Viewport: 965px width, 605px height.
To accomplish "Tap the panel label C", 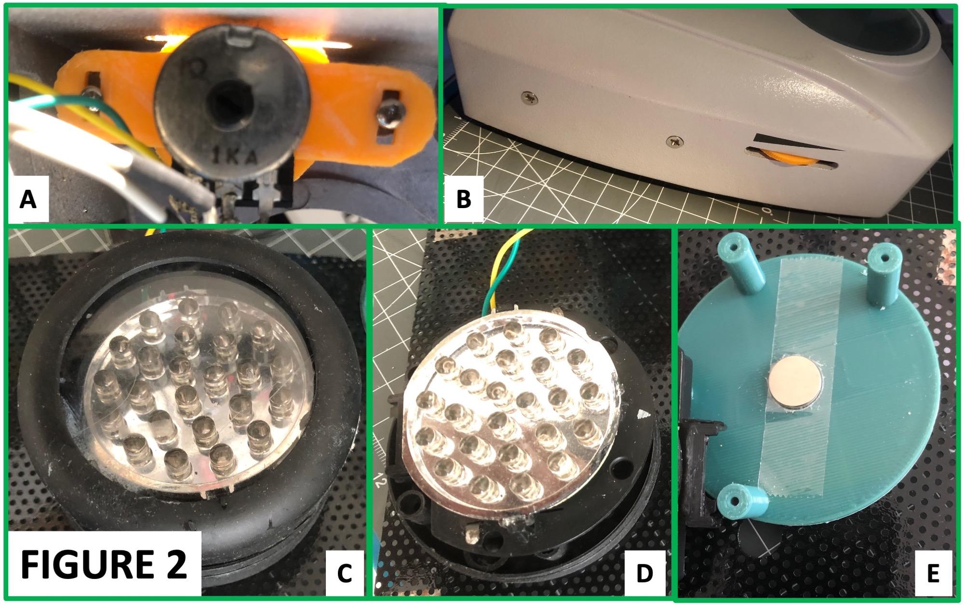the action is (344, 574).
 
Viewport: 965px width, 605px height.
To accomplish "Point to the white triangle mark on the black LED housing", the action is (640, 414).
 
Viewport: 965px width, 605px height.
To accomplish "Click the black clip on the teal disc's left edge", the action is (695, 438).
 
